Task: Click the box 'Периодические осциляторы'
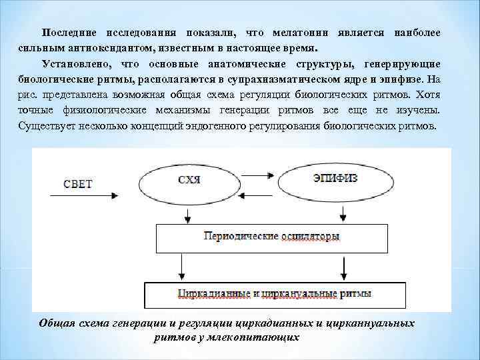273,236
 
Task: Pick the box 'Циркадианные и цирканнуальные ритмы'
274,293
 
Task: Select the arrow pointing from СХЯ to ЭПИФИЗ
257,175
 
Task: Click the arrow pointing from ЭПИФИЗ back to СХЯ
257,193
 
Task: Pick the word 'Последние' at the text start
69,33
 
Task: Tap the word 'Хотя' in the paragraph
429,95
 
